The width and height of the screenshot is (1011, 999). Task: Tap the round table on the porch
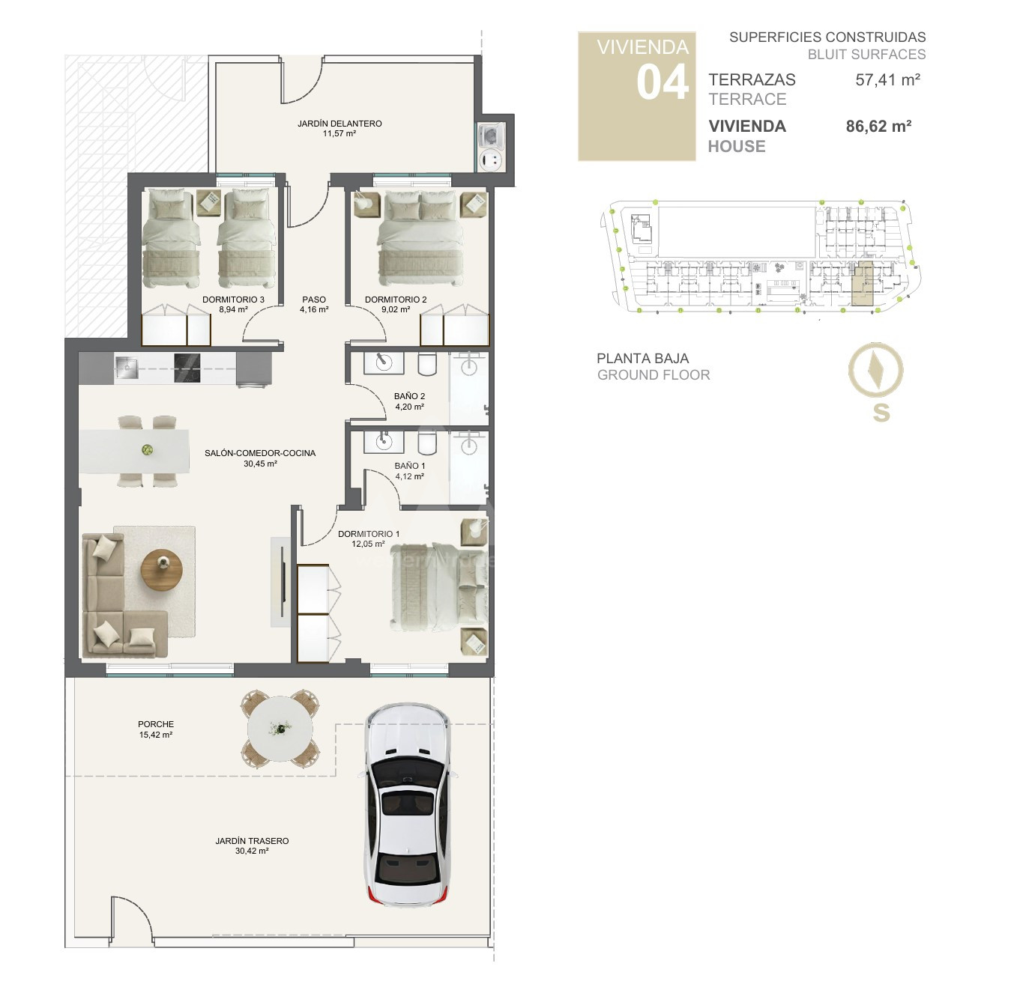coord(280,729)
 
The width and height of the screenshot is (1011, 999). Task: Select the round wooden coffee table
coord(162,569)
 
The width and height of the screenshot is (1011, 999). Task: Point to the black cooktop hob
coord(187,368)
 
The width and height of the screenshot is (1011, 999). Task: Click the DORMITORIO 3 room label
coord(234,300)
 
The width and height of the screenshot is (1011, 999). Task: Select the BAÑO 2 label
coord(410,396)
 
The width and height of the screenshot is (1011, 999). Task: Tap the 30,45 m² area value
coord(260,464)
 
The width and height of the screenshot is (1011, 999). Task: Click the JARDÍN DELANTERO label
coord(339,124)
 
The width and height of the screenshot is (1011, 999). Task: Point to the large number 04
coord(663,83)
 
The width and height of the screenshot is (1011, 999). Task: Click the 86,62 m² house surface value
coord(878,127)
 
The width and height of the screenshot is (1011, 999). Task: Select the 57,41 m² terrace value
coord(887,79)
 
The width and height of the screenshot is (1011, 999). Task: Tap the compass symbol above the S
coord(875,370)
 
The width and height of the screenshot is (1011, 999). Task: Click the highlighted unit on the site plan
coord(862,283)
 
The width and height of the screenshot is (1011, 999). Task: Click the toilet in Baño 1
coord(428,443)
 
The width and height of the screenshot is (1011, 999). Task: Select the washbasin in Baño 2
coord(384,362)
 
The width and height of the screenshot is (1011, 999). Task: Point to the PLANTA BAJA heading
coord(643,359)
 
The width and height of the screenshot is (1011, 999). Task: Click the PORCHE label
coord(156,724)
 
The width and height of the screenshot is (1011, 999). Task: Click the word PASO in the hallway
coord(314,300)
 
